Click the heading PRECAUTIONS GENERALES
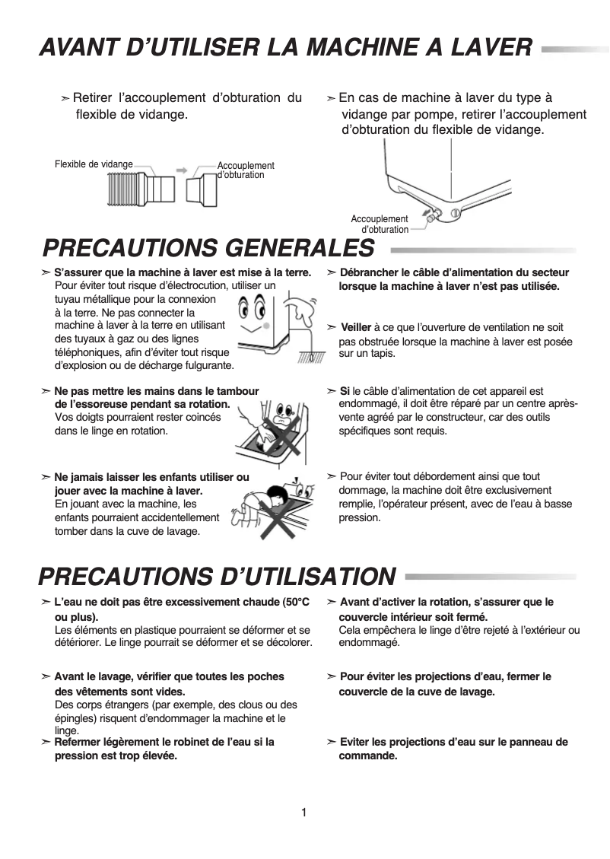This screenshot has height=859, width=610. coord(209,248)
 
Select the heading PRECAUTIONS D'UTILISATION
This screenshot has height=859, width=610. coord(218,576)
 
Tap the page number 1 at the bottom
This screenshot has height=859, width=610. coord(304,813)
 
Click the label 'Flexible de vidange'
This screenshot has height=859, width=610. coord(94,164)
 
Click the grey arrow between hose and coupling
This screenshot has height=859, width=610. coord(182,170)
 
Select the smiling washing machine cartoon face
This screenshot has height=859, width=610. coord(251,311)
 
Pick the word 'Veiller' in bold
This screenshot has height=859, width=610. coord(356,327)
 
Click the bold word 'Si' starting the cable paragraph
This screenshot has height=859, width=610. coord(345,391)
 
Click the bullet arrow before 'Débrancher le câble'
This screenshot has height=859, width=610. coord(332,273)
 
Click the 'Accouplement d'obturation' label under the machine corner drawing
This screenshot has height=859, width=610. coord(380,224)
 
